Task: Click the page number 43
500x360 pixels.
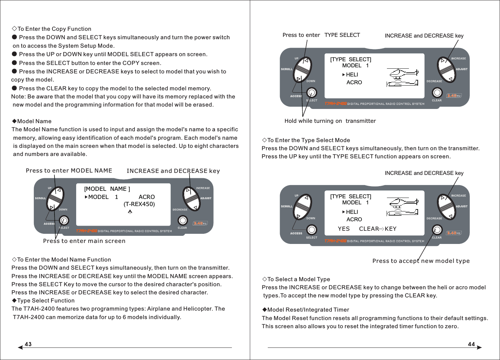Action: (28, 344)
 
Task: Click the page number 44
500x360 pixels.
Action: (471, 344)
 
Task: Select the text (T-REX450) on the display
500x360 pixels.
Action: (139, 204)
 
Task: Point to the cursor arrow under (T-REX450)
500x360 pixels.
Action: (130, 212)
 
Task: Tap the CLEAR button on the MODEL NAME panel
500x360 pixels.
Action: (183, 221)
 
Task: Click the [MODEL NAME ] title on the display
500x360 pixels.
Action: (107, 189)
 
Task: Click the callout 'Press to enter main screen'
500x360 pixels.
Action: (84, 241)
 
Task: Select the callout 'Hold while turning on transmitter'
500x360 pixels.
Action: (330, 121)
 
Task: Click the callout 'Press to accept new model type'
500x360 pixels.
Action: (421, 261)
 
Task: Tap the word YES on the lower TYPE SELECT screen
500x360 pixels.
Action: (344, 229)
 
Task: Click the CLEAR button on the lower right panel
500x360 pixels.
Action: (437, 230)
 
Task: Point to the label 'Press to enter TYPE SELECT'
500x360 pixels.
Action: (321, 35)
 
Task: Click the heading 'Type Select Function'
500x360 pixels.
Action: (46, 300)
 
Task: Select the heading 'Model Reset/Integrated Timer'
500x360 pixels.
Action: (308, 310)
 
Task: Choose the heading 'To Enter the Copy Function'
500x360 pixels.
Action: (54, 29)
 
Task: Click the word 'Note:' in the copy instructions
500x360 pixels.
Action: (18, 96)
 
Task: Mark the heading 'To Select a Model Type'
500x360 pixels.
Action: (298, 279)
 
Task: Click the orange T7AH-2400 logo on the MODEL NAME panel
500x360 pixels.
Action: (86, 231)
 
